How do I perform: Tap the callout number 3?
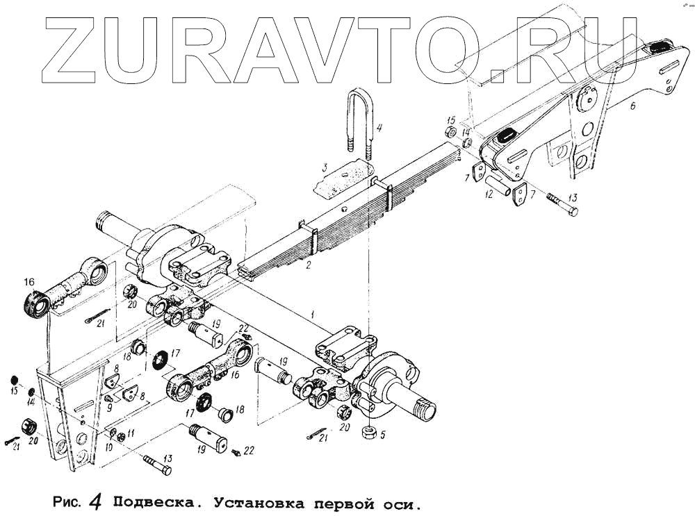324,168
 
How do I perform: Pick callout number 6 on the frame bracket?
632,106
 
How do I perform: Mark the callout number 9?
108,408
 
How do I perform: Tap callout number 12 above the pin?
489,196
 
